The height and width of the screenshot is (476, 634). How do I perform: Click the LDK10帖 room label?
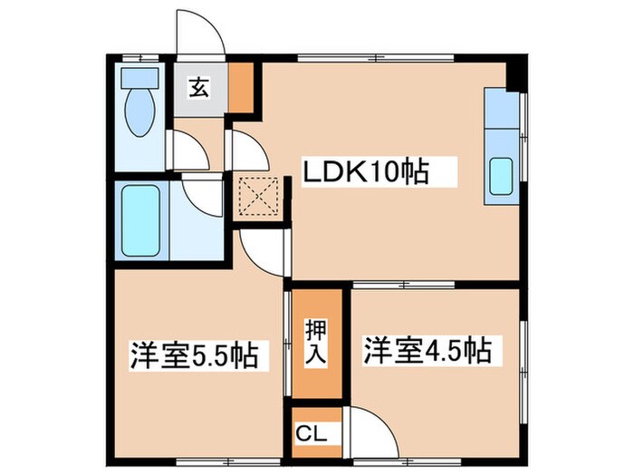(366, 170)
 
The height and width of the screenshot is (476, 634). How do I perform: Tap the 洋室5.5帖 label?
(200, 355)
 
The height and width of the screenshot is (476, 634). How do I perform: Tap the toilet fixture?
(139, 113)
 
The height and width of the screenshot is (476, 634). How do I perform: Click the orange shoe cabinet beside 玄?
(241, 86)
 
